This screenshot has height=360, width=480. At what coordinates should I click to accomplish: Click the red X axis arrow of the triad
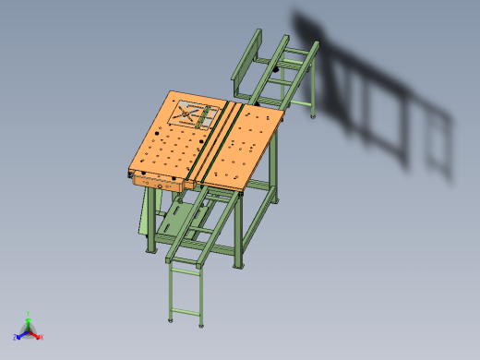click(37, 334)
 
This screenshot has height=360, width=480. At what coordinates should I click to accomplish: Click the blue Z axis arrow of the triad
click(21, 333)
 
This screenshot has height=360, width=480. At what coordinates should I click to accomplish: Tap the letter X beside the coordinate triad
click(42, 338)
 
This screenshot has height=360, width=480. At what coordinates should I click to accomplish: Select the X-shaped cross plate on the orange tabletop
click(197, 114)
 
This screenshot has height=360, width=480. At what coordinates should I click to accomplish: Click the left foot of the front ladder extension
click(172, 320)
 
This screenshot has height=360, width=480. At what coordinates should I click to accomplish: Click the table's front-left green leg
click(150, 226)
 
